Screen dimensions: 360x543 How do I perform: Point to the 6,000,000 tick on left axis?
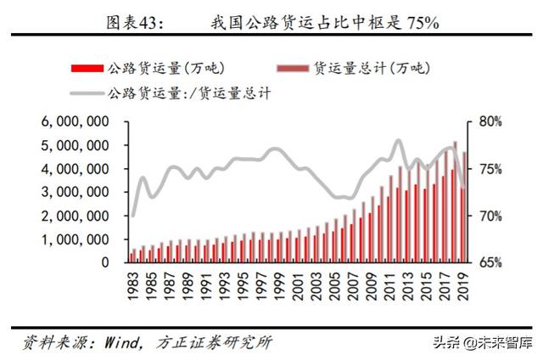(75, 122)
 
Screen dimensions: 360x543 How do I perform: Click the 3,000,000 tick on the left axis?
(75, 193)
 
